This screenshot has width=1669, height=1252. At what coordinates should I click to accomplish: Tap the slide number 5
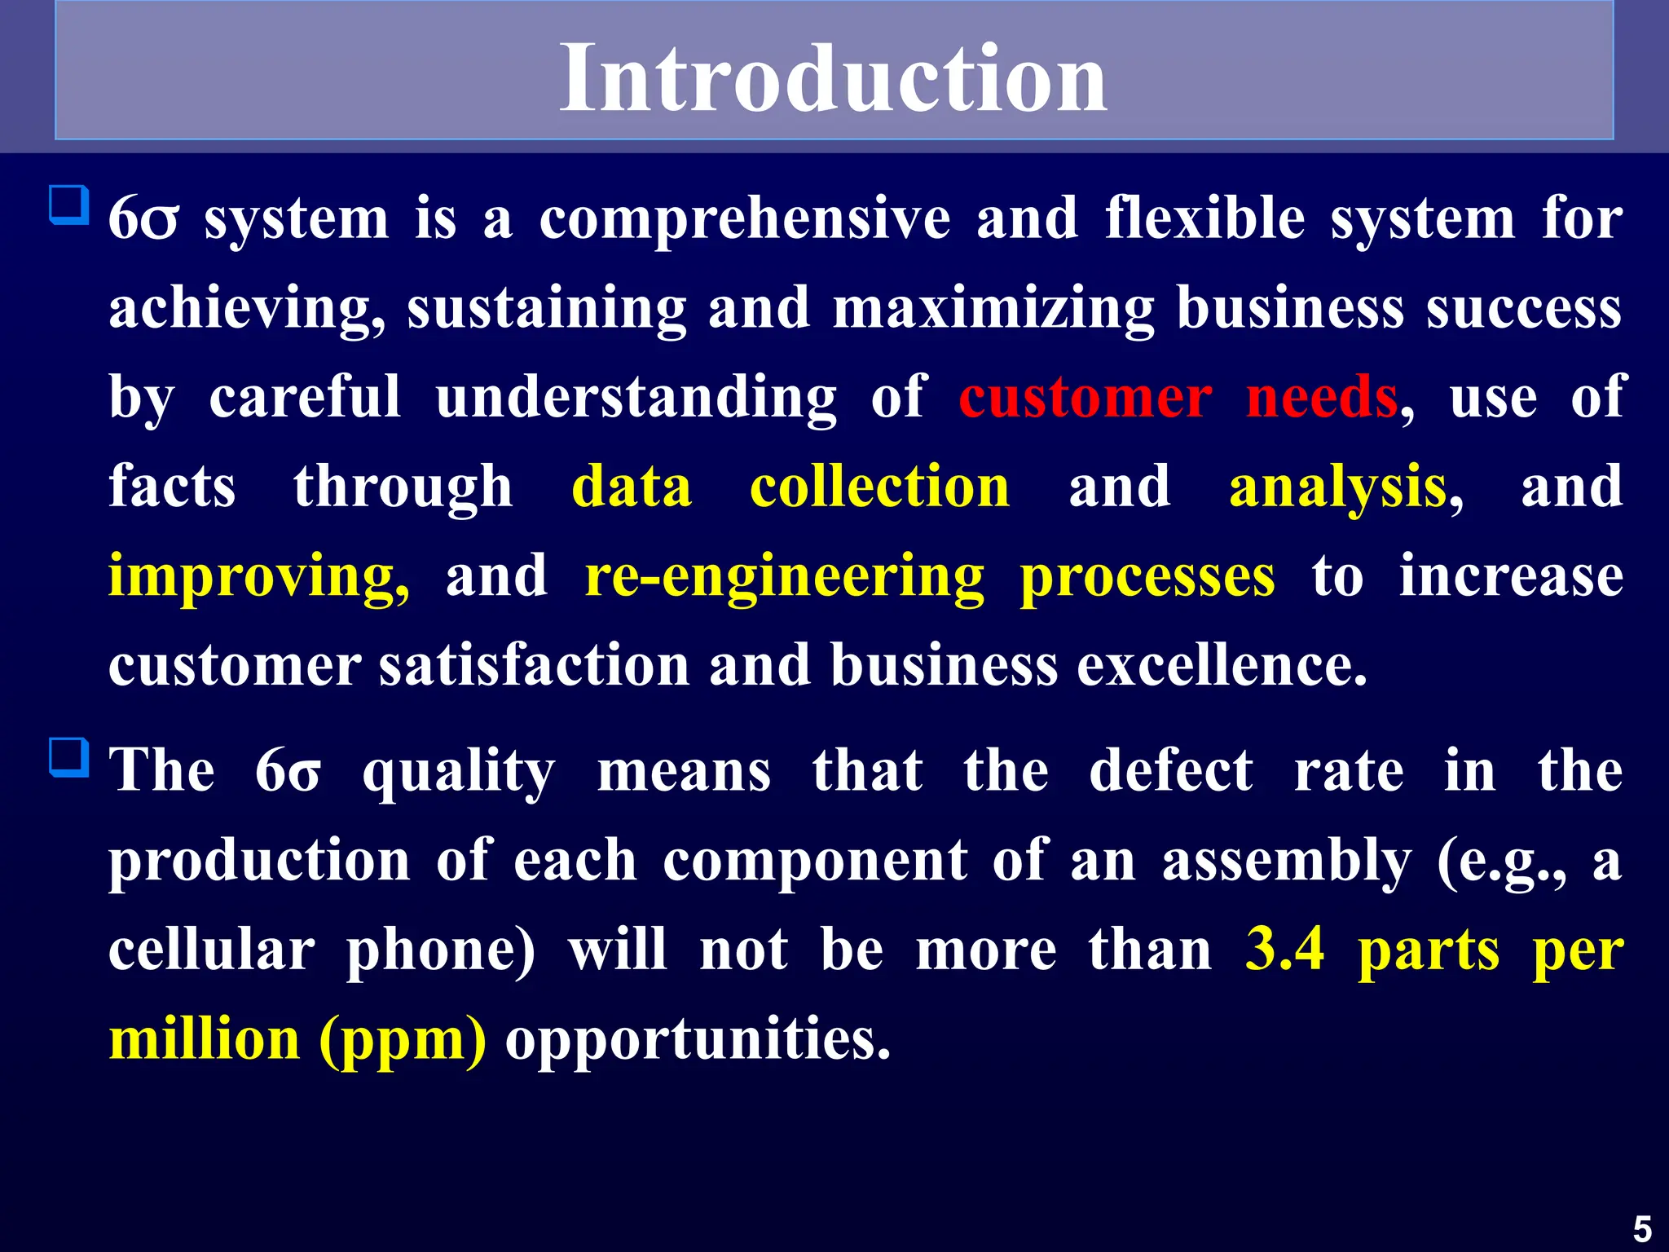(1642, 1228)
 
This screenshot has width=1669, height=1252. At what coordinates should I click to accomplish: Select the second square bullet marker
(68, 757)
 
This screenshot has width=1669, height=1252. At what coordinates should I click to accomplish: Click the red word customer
(1085, 398)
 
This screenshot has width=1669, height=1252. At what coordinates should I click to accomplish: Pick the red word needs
(1321, 398)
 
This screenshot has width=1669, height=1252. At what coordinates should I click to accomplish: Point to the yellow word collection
(879, 487)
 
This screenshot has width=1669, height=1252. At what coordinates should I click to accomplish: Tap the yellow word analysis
(1337, 488)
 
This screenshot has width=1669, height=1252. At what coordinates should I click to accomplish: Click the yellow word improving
(258, 577)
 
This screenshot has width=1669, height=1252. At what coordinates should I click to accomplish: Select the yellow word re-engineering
(785, 577)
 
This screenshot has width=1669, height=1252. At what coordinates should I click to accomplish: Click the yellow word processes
(1147, 577)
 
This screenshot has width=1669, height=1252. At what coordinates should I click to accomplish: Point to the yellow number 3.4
(1285, 950)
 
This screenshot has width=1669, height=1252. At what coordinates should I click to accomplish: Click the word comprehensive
(744, 220)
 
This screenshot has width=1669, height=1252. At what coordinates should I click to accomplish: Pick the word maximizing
(993, 310)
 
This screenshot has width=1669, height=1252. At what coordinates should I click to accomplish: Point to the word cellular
(211, 950)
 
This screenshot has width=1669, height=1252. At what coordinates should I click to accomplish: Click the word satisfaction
(535, 665)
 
